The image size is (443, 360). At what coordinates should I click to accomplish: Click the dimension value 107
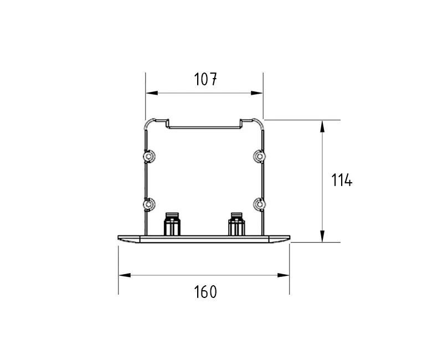205,79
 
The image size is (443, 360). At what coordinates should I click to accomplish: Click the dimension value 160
205,292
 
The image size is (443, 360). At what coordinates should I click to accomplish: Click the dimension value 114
342,180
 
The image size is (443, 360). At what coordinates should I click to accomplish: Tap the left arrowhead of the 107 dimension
152,93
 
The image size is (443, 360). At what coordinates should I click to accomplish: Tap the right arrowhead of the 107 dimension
257,93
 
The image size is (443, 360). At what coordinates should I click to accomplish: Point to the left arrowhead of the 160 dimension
125,275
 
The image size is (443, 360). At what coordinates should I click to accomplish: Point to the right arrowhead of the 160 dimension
284,275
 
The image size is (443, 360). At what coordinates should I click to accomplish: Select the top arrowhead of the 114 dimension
322,126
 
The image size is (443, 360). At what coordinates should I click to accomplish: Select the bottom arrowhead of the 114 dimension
322,236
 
